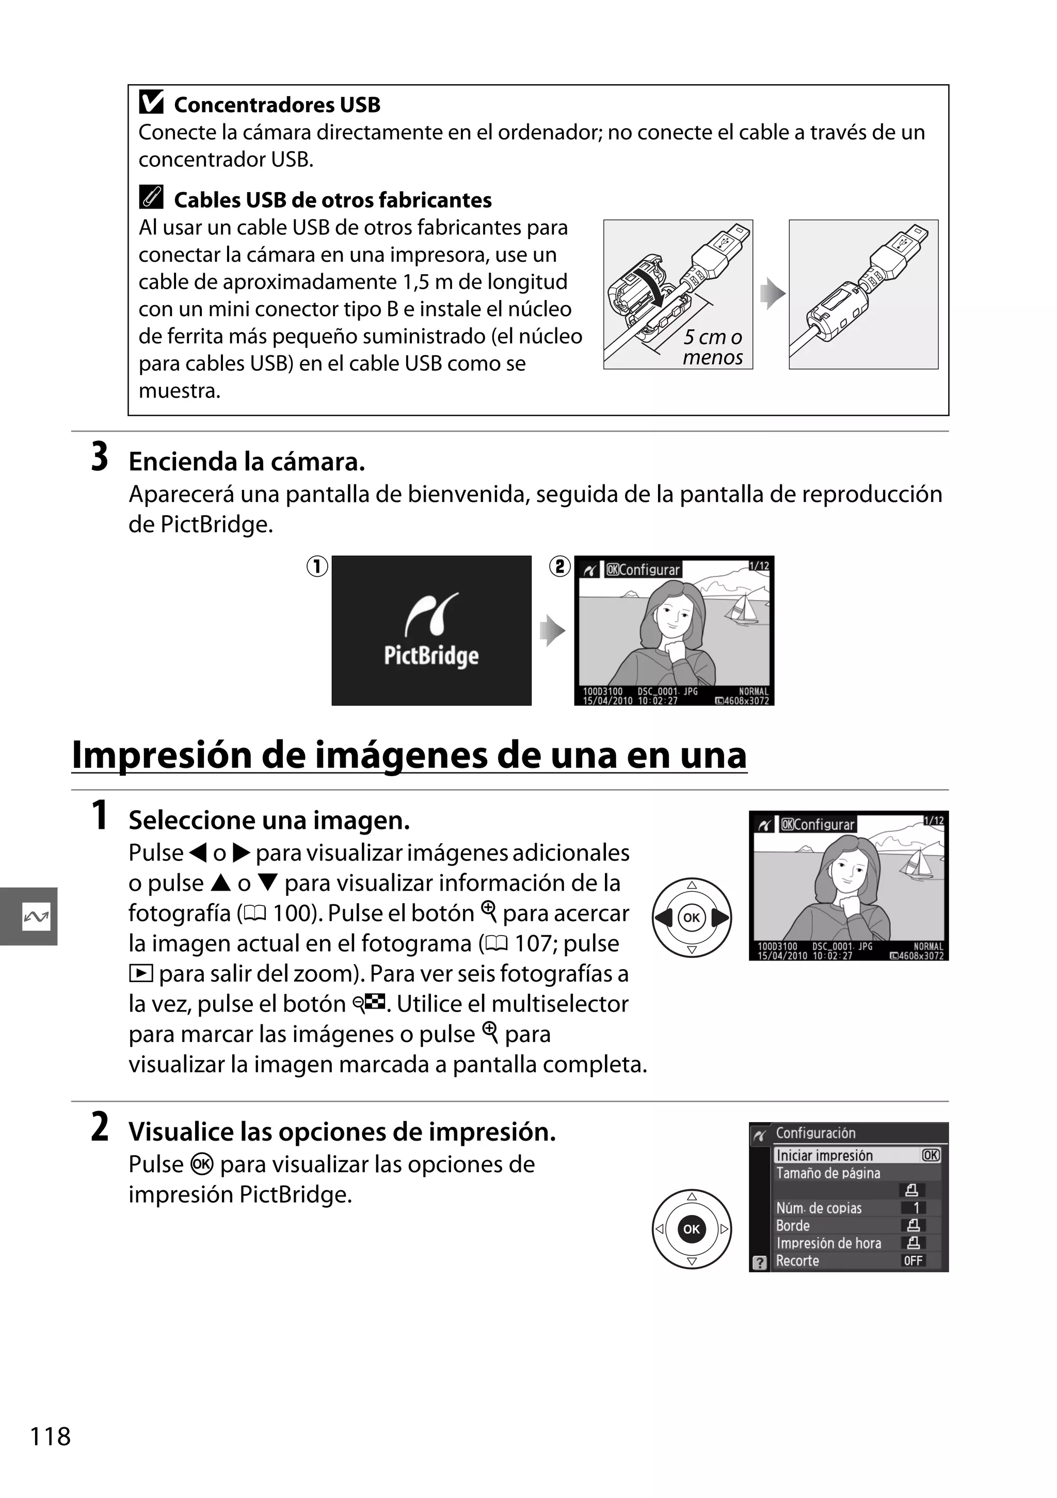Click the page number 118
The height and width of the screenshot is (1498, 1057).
tap(50, 1437)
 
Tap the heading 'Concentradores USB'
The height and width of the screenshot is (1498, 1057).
tap(277, 105)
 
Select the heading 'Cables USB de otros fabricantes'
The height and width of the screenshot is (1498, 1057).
tap(332, 200)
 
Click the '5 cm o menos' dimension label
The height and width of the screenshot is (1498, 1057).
tap(712, 347)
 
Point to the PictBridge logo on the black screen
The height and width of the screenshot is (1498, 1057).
tap(431, 631)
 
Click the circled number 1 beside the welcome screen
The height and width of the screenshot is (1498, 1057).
tap(317, 566)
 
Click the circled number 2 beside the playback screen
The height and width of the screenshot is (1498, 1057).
tap(559, 566)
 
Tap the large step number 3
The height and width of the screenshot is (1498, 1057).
tap(99, 458)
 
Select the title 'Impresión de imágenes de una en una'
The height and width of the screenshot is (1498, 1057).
tap(409, 755)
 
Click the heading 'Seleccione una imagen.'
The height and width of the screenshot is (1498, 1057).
tap(269, 820)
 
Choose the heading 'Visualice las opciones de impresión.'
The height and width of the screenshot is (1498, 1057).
tap(342, 1132)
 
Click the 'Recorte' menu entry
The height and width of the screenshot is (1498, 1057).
tap(797, 1260)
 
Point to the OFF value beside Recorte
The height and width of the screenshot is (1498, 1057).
tap(913, 1260)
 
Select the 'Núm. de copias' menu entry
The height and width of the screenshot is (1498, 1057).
tap(819, 1208)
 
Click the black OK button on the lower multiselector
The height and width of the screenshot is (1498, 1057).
tap(691, 1229)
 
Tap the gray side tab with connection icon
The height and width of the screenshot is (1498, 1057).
tap(29, 916)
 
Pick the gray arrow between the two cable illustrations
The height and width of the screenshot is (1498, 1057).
tap(772, 294)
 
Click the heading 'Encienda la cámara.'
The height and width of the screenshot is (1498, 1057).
tap(247, 462)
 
